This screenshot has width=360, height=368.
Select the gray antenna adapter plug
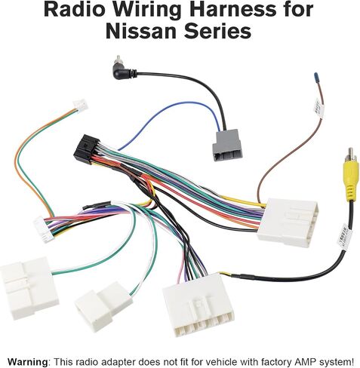[x=228, y=145]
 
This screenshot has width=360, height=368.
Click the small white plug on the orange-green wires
[x=81, y=106]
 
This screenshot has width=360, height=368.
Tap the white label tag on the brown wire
[x=318, y=109]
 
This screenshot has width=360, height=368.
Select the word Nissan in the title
[x=141, y=32]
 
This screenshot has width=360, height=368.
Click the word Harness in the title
[x=230, y=10]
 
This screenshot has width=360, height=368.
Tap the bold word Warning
[x=27, y=362]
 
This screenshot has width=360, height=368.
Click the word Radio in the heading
[x=75, y=10]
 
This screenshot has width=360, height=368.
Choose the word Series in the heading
[x=217, y=32]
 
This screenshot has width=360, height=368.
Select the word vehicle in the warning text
[x=205, y=362]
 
